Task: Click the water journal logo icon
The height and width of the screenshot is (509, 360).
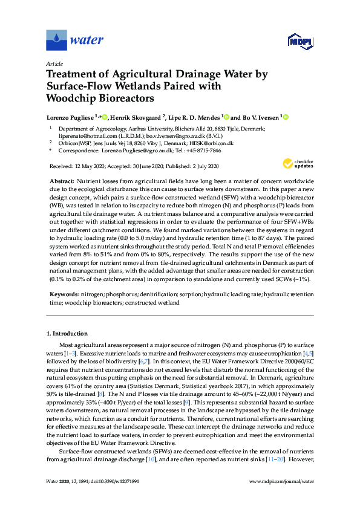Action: coord(56,41)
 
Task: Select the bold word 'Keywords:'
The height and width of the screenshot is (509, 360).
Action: coord(63,294)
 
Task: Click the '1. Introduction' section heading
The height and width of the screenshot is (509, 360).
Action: coord(67,334)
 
